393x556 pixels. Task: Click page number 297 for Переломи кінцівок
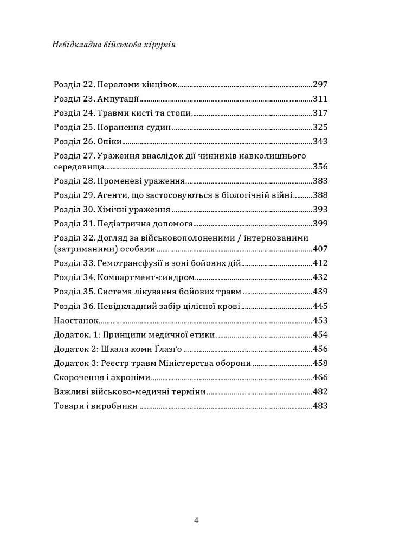(320, 85)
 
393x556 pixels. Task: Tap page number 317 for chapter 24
(320, 113)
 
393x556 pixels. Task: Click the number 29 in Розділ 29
(89, 195)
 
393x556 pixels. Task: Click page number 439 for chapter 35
(320, 291)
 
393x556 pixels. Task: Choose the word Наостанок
(75, 320)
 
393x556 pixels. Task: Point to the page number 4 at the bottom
(196, 521)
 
